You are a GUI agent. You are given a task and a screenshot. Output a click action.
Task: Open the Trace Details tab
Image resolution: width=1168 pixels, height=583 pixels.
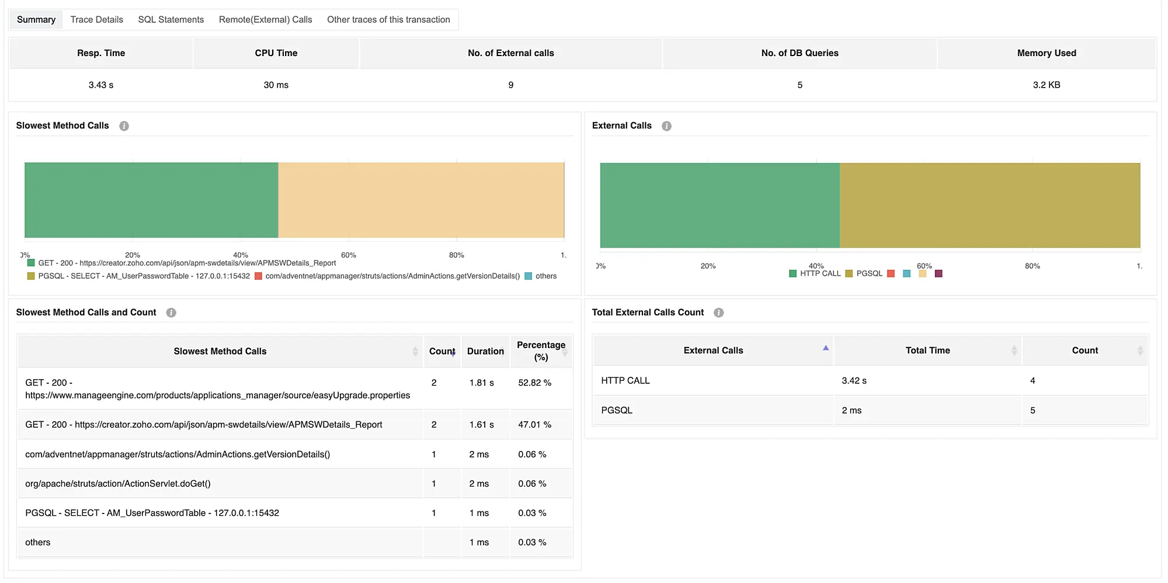96,19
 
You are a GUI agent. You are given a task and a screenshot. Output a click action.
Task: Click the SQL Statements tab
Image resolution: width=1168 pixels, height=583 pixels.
171,19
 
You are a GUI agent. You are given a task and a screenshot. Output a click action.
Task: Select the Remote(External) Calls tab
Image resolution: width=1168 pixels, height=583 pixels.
265,19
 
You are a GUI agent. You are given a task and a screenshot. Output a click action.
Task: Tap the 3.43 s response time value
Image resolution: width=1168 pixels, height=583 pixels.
101,85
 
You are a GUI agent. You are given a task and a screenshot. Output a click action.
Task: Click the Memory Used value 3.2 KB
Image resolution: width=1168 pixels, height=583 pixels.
1046,85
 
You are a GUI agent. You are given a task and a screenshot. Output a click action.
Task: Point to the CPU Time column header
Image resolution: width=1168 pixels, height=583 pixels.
276,53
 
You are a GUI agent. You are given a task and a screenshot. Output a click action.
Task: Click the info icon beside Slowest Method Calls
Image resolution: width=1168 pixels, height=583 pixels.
124,126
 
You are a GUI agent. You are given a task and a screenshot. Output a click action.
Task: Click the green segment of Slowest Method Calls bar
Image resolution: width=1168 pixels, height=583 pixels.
151,200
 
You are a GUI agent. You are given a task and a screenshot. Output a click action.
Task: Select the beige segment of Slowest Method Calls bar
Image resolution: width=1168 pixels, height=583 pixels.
420,200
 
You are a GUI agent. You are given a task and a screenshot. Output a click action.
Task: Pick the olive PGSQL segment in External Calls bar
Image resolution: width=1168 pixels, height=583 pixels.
989,205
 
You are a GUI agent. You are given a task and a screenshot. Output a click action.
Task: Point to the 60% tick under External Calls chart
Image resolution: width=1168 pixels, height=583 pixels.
924,266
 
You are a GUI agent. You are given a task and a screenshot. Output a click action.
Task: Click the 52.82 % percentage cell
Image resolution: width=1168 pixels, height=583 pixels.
534,383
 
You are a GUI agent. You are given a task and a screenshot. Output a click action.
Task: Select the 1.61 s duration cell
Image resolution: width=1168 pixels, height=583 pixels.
481,425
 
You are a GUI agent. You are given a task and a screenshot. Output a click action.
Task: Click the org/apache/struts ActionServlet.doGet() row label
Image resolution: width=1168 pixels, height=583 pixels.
118,484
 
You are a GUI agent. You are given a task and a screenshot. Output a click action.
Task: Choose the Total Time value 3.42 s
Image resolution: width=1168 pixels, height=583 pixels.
854,381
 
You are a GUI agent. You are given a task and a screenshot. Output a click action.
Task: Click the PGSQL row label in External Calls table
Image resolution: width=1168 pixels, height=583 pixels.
617,410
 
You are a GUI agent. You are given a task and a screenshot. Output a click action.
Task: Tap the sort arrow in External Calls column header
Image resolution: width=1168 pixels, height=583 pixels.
825,348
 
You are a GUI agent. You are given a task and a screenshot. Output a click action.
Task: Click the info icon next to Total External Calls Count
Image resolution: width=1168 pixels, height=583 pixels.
718,313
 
